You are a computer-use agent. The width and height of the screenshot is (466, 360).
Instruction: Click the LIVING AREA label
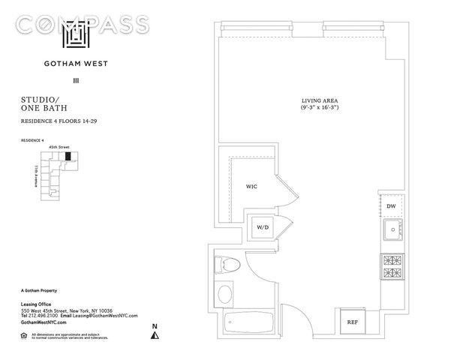318,100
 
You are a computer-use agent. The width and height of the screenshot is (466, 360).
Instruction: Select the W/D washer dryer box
263,226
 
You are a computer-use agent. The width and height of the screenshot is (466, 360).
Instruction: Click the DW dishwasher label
391,205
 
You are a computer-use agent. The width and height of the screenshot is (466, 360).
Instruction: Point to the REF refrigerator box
353,322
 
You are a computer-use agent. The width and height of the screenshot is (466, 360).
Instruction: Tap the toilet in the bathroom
227,263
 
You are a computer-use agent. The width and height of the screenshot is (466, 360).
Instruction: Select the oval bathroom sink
224,293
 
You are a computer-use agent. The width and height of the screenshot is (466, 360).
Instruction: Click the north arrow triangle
155,335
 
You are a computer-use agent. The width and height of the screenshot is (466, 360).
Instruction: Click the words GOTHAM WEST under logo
77,64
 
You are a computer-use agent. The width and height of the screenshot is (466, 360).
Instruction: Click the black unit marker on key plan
68,157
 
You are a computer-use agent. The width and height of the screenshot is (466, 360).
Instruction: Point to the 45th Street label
58,148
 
